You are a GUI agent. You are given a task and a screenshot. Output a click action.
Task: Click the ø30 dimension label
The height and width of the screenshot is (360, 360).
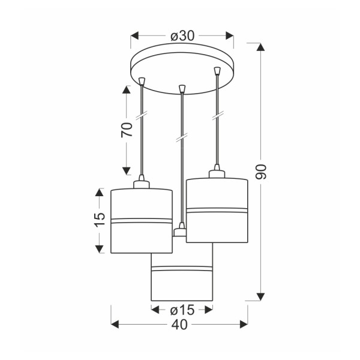coord(182,36)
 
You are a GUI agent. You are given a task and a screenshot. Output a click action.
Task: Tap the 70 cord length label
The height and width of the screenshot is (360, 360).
coord(127,130)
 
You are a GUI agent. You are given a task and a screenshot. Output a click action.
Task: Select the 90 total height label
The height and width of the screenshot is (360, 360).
coord(261,172)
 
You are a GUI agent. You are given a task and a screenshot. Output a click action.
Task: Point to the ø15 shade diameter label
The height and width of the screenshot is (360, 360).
coord(182,310)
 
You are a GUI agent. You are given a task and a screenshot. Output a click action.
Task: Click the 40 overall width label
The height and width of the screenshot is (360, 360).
coord(179,325)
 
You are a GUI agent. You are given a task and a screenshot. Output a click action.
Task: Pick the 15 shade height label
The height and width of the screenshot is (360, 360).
coord(100,220)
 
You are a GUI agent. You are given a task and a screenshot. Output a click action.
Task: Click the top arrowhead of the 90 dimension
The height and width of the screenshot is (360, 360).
coord(260,47)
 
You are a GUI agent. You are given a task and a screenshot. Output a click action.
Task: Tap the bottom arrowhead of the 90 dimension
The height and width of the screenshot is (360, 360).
coord(260,297)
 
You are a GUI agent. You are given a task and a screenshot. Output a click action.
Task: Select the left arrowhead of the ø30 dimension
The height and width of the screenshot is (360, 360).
coord(134,36)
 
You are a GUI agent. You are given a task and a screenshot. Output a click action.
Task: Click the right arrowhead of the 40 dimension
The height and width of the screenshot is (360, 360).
coord(244,325)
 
